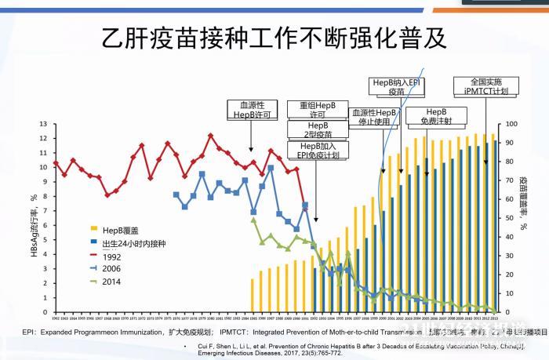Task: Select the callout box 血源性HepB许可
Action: pos(252,109)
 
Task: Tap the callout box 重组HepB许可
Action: pos(318,109)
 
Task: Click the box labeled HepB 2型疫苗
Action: pos(318,129)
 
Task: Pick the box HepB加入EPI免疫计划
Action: pos(318,151)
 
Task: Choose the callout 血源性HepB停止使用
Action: pos(376,117)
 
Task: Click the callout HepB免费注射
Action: pos(437,117)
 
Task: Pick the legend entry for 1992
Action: pos(113,256)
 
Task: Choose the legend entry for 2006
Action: pos(113,269)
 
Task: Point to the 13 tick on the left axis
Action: pos(45,124)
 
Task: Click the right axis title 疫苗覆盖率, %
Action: pos(523,202)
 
